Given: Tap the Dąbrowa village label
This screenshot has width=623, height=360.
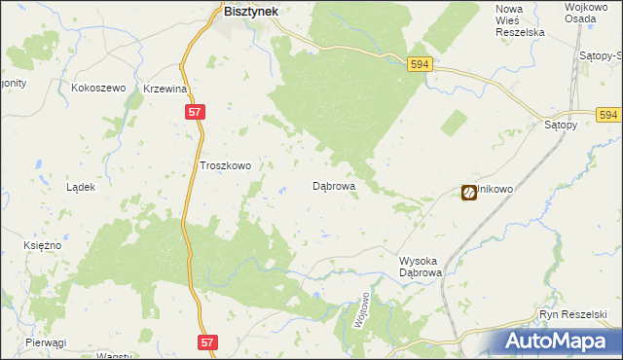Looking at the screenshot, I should (x=333, y=184).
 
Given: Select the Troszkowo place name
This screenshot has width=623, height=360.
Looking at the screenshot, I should (x=225, y=165).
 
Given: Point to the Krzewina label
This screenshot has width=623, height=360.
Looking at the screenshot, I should (x=165, y=89).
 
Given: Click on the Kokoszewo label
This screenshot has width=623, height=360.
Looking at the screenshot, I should (x=100, y=88).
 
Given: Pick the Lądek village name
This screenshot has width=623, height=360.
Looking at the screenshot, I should (x=80, y=187).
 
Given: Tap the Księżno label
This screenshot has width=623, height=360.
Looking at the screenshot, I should (x=43, y=245).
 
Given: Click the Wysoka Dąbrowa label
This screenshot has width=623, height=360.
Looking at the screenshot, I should (x=421, y=268).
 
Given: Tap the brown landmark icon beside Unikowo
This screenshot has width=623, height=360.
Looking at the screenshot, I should (x=469, y=193).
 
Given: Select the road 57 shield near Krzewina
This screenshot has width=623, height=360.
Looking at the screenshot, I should (x=195, y=113).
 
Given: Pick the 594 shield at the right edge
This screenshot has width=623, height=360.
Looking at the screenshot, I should (x=609, y=115).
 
